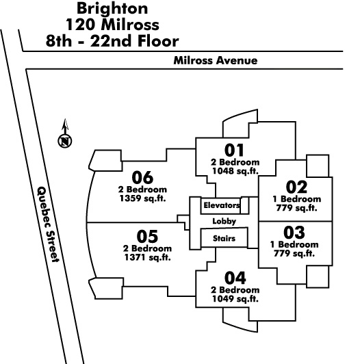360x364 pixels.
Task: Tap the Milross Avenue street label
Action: (x=216, y=60)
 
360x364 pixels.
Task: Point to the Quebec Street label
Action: (x=48, y=224)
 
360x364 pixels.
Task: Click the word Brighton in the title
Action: (x=112, y=8)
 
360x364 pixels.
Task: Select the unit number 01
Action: (x=234, y=151)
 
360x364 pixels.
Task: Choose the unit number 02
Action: (x=296, y=187)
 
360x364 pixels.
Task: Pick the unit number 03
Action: (x=294, y=233)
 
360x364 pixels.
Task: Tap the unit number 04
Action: (x=235, y=278)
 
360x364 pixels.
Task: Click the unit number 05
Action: (x=147, y=236)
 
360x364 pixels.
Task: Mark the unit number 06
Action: (x=142, y=177)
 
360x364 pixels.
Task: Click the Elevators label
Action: (x=222, y=205)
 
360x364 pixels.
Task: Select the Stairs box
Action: (x=224, y=238)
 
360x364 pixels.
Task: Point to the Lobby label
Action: (x=224, y=221)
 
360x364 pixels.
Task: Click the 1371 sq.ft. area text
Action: (x=147, y=257)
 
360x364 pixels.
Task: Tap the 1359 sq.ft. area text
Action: (x=142, y=198)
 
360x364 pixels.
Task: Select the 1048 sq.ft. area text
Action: (x=235, y=171)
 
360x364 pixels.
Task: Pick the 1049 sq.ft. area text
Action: (x=235, y=299)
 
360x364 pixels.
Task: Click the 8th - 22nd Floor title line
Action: (x=112, y=41)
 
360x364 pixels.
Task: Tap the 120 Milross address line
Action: (x=112, y=25)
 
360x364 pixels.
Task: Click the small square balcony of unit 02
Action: (x=318, y=166)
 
